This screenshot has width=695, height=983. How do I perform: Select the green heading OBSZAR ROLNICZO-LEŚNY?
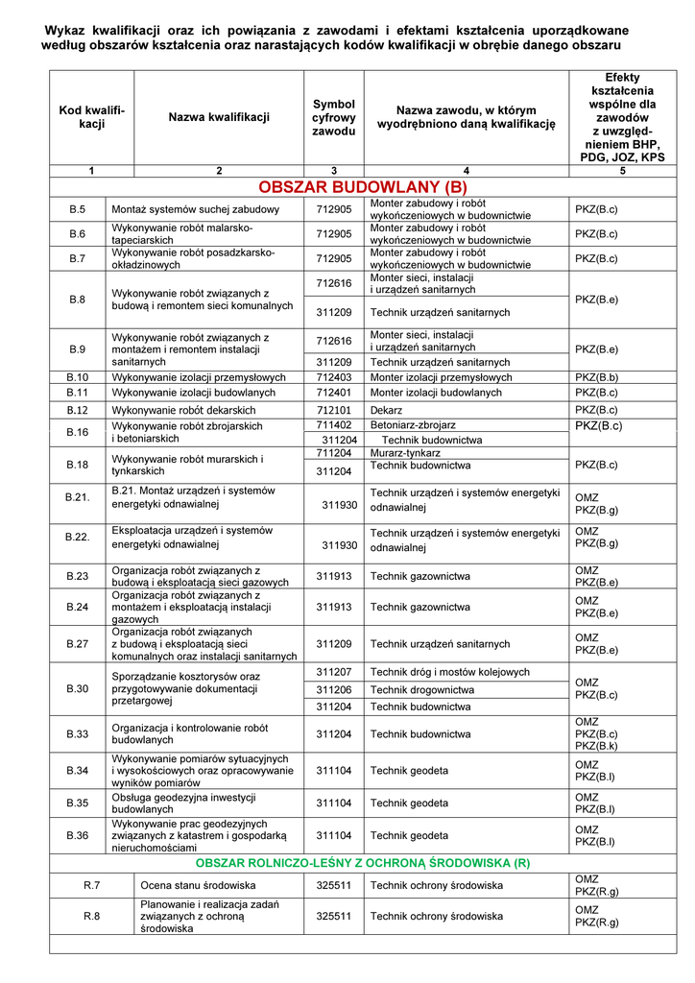(x=363, y=863)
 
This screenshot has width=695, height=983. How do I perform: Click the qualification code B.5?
(x=78, y=209)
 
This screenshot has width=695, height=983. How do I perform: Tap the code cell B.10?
(x=78, y=377)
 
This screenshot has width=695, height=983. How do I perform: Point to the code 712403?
(x=334, y=377)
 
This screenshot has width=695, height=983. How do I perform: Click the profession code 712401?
(x=334, y=393)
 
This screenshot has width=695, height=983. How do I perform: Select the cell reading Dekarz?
(x=387, y=410)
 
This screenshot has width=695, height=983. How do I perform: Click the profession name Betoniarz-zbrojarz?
(x=413, y=424)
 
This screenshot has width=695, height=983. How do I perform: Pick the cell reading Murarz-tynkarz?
(x=405, y=452)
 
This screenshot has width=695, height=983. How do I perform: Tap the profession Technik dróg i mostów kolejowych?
(x=450, y=672)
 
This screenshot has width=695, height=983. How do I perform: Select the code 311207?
(x=334, y=672)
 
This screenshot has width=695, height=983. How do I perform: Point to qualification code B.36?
(x=78, y=835)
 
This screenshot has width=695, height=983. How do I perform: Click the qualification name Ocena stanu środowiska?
(x=198, y=884)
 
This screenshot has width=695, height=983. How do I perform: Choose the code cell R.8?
(x=92, y=916)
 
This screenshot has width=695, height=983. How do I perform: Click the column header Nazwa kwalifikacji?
(x=219, y=117)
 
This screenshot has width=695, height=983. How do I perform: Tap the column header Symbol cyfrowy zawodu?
(x=334, y=117)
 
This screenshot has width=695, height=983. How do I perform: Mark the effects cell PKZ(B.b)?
(x=596, y=377)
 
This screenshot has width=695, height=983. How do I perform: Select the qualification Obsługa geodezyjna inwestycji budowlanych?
(x=183, y=803)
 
